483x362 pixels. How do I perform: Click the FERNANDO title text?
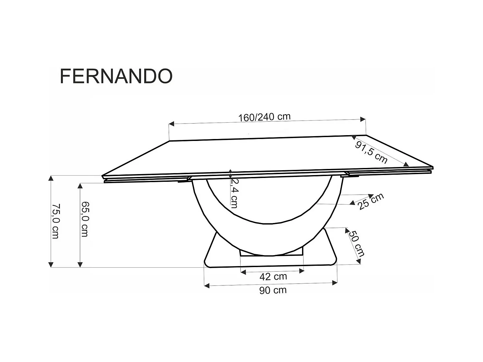pos(116,76)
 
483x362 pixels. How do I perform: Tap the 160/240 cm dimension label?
pos(264,117)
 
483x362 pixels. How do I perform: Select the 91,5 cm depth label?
pos(371,153)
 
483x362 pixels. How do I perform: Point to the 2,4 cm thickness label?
pos(235,193)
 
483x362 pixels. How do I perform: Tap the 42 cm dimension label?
pos(273,276)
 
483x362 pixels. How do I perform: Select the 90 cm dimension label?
pos(273,290)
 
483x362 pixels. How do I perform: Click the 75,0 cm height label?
pos(55,221)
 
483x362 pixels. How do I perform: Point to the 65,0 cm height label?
pos(84,219)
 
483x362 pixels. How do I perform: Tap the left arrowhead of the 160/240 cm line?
pos(172,124)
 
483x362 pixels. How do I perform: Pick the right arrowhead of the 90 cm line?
pos(335,283)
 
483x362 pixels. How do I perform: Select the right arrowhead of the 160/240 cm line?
pos(364,119)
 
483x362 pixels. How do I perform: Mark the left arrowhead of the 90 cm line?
pos(207,285)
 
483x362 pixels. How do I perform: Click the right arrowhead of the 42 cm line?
pos(302,271)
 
